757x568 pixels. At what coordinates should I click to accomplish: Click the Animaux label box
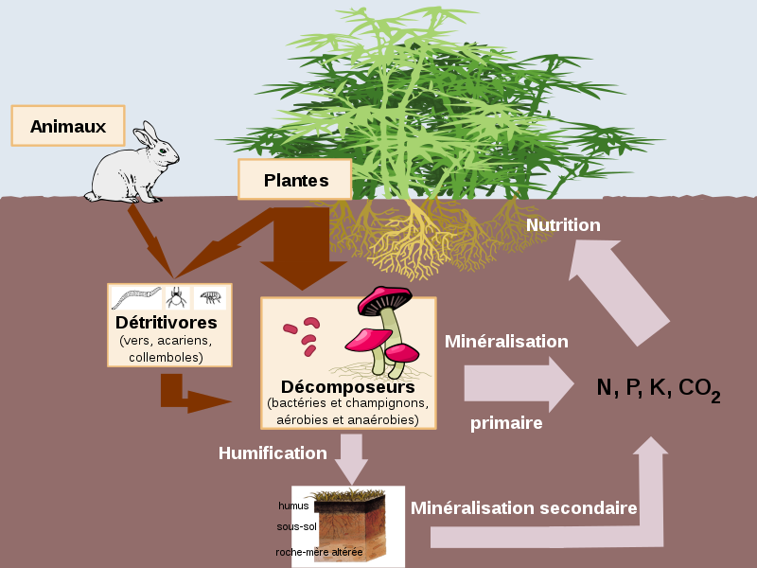point(67,126)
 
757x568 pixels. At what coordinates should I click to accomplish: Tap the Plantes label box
point(294,179)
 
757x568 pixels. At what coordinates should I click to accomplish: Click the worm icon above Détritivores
point(137,298)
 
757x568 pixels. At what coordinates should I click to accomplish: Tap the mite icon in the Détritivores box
point(176,298)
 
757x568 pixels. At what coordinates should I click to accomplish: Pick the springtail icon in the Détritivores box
point(210,298)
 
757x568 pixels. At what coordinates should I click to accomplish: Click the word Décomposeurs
point(347,387)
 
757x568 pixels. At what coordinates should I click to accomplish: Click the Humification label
point(273,453)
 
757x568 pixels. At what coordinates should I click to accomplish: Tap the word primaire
point(506,423)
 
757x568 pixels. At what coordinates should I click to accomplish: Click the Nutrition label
point(563,225)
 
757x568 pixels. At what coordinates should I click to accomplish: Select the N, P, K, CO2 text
point(658,388)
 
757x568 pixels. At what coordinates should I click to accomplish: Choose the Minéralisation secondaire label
point(523,508)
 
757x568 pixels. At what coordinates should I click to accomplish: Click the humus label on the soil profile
point(293,506)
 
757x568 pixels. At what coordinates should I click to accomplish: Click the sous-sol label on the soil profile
point(296,526)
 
